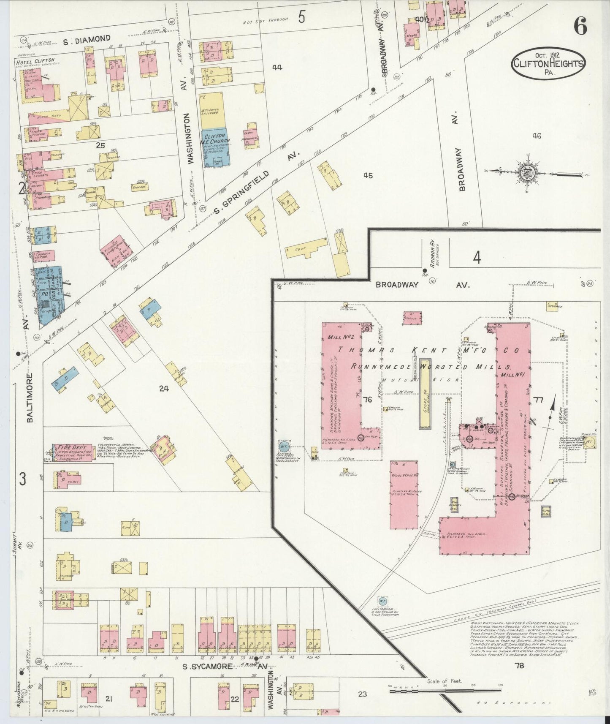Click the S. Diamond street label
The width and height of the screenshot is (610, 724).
87,40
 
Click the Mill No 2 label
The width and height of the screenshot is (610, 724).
338,337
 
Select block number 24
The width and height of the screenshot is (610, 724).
164,388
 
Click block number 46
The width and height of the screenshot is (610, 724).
537,136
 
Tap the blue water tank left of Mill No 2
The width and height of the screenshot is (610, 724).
284,446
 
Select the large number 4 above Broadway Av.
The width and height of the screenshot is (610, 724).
477,257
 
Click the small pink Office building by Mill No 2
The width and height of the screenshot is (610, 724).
409,318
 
